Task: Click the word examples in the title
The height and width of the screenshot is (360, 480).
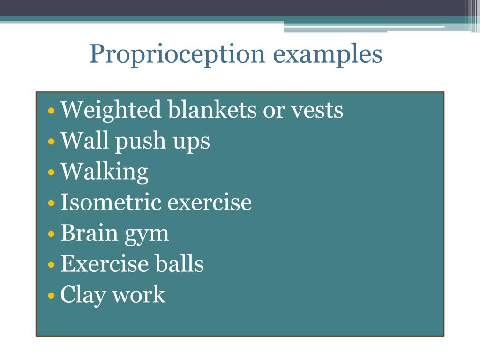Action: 328,55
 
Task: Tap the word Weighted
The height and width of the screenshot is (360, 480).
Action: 111,111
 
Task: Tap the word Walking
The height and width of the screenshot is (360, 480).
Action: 105,172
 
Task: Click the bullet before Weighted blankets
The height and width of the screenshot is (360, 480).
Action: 51,112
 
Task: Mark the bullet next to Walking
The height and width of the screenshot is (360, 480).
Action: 51,173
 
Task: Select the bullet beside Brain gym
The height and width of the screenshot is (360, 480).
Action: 51,234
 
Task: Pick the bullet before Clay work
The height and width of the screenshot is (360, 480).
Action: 51,296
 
